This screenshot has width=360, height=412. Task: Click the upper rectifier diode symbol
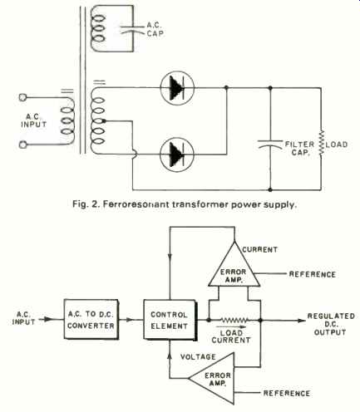(177, 88)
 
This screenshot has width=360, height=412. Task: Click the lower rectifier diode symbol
(177, 154)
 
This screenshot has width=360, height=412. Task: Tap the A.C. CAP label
(155, 29)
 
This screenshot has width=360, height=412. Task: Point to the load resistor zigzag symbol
(322, 143)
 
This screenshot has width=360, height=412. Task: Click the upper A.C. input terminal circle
(22, 97)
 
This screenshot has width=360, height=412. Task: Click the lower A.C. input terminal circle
(22, 145)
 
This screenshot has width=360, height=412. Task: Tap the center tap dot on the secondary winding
(104, 121)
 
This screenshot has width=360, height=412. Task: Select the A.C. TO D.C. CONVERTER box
(91, 319)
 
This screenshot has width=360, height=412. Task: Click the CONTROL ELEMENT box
(170, 320)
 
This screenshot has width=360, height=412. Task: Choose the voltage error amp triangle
(212, 378)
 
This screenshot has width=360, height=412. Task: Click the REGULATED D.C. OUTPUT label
(331, 324)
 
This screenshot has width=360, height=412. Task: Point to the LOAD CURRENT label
(231, 336)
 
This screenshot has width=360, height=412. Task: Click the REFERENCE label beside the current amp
(313, 274)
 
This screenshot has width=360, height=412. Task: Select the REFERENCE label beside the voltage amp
(286, 393)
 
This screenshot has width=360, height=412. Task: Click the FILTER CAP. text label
(299, 148)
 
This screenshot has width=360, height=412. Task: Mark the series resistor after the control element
(234, 321)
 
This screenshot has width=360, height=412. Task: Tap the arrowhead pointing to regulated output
(302, 321)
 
